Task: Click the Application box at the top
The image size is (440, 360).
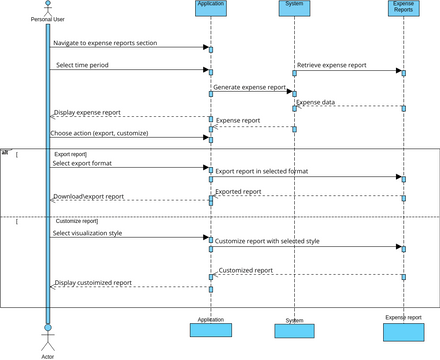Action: coord(211,8)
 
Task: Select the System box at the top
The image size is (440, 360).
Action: coord(294,8)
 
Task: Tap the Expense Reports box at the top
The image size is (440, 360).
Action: coord(403,8)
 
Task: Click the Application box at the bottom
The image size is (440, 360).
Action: coord(211,327)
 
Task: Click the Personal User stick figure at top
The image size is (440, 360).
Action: coord(46,8)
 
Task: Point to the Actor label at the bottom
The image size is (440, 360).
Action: coord(46,353)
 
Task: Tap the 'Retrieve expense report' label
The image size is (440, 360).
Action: coord(331,65)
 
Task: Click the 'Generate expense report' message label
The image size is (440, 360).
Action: coord(250,88)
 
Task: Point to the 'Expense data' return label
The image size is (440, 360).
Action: coord(315,102)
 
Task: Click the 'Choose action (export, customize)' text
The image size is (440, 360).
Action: coord(100,132)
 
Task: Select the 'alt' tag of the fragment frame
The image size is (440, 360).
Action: coord(5,152)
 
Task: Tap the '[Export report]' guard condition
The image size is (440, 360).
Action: coord(69,155)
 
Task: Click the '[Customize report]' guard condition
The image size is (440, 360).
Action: coord(76,220)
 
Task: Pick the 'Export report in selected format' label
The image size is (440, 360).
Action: coord(262,171)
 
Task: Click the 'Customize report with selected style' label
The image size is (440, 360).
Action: coord(267,240)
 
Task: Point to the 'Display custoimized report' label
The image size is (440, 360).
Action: coord(93,283)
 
